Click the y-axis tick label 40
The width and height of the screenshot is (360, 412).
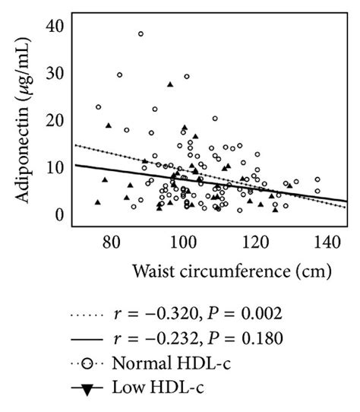point(55,26)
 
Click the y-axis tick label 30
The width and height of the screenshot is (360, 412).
point(55,74)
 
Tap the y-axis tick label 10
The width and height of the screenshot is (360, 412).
point(55,167)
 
